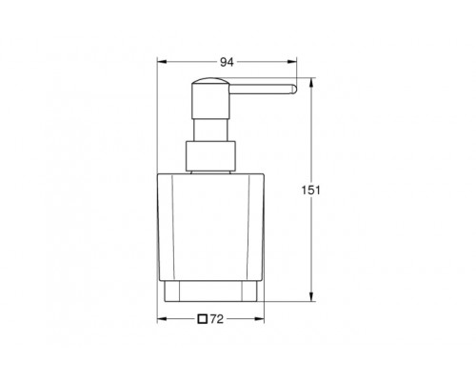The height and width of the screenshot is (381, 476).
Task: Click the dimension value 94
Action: pos(227,62)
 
